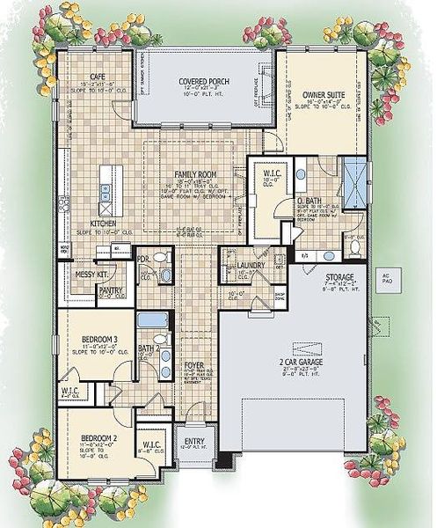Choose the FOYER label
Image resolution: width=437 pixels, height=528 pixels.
coord(195,364)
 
